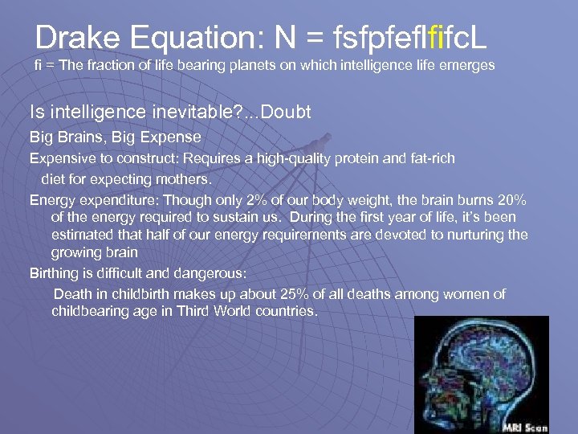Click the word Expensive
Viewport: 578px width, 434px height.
[x=61, y=158]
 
